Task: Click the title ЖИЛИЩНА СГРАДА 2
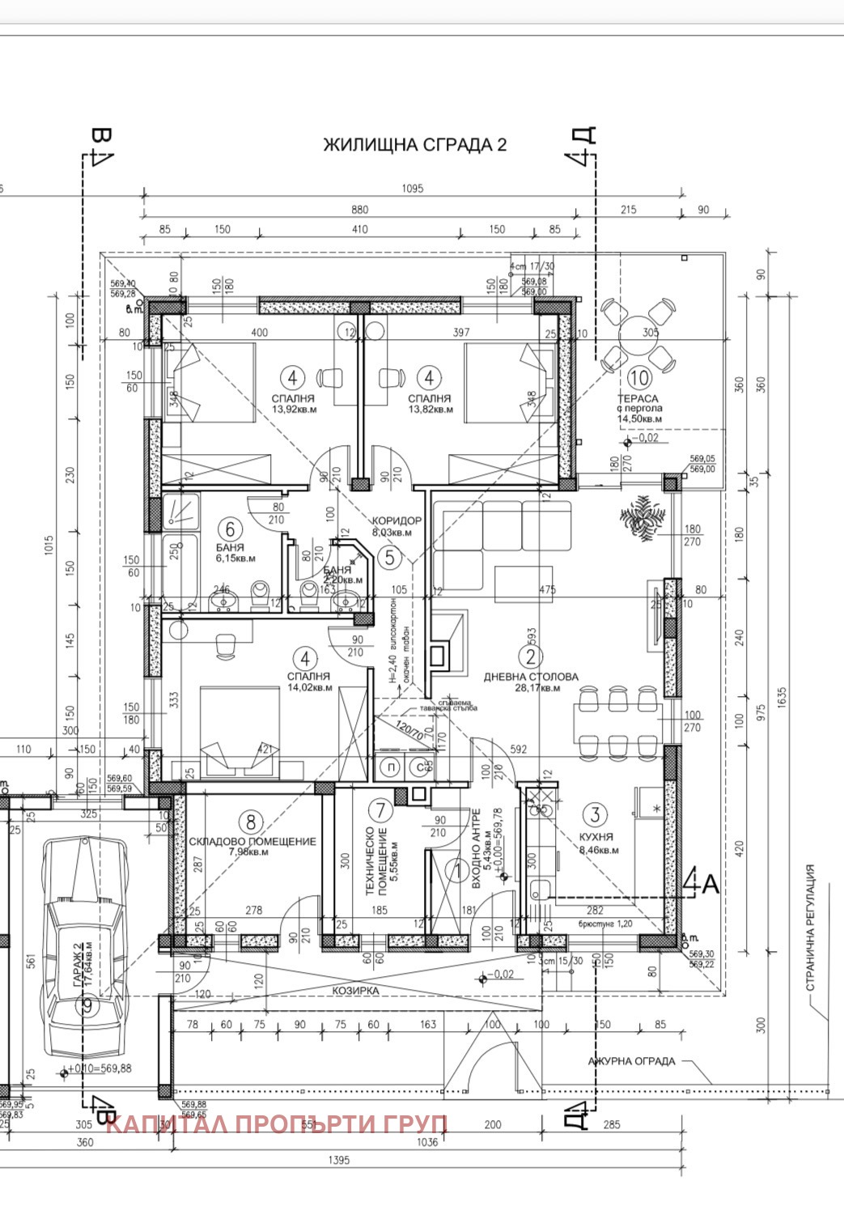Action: tap(414, 145)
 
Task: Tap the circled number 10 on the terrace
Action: tap(639, 377)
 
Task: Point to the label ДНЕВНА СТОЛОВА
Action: tap(531, 677)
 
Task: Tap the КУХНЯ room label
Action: tap(596, 837)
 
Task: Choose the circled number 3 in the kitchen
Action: tap(596, 814)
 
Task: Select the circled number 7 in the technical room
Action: tap(380, 809)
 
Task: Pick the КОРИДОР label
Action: tap(396, 520)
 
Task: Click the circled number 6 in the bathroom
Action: tap(231, 529)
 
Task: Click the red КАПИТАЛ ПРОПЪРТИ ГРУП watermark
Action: tap(277, 1124)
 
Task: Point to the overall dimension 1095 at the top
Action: tap(412, 189)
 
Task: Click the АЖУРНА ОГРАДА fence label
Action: tap(631, 1061)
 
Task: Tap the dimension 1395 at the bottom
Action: tap(339, 1161)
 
